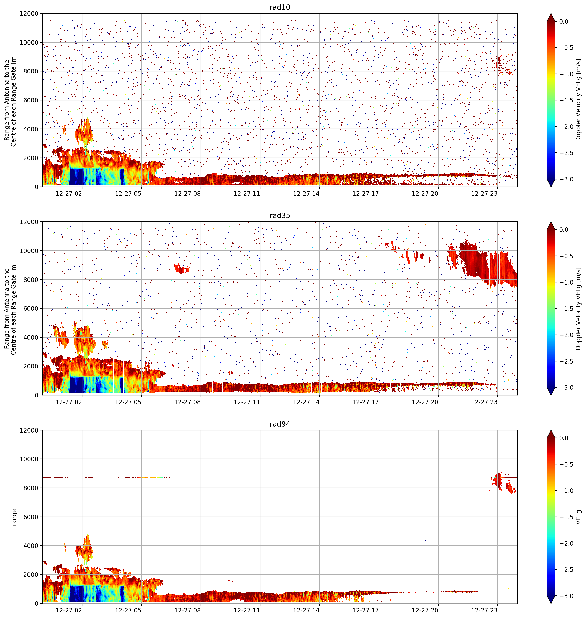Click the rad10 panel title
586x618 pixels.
280,7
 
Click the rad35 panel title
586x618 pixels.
280,216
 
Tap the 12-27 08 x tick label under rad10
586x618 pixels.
187,194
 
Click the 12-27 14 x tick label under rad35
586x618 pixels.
306,402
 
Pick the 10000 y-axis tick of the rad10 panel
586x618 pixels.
29,43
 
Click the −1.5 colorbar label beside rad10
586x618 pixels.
566,100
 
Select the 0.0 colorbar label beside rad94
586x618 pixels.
564,438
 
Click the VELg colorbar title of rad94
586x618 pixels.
579,517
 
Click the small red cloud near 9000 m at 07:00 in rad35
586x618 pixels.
181,268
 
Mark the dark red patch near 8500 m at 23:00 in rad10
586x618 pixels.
498,64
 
